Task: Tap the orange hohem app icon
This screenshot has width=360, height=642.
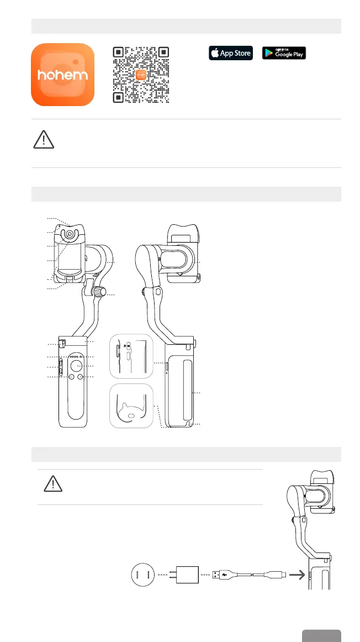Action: click(x=62, y=75)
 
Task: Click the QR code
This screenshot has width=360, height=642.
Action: click(x=141, y=75)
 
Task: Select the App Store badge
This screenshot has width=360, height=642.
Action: click(x=231, y=53)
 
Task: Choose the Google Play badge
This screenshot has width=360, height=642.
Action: click(x=284, y=53)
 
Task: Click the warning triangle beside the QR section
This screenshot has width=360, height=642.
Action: click(x=44, y=140)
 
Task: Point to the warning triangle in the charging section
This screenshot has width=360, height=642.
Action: click(x=53, y=483)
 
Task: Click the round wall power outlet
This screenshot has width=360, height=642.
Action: click(x=143, y=575)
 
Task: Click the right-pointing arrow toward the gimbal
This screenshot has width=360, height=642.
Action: click(x=297, y=575)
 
